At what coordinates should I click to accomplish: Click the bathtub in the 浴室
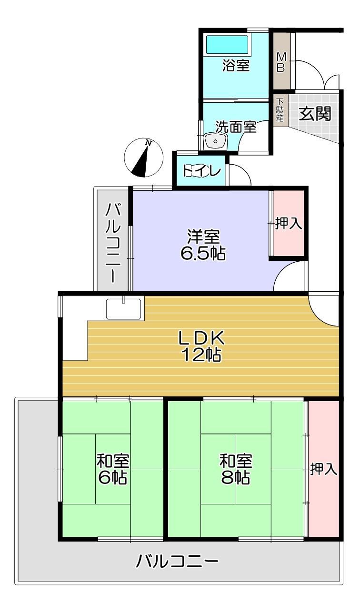point(227,44)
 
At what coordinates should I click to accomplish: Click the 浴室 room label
point(236,66)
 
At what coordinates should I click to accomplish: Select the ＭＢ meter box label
point(281,62)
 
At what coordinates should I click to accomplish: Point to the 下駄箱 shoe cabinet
point(280,110)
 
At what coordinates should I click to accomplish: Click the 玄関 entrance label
point(315,113)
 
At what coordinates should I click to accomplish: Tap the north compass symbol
point(143,158)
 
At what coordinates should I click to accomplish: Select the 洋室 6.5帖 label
point(203,245)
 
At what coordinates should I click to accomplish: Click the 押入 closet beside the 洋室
point(289,223)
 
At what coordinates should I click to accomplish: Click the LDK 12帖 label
point(201,346)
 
